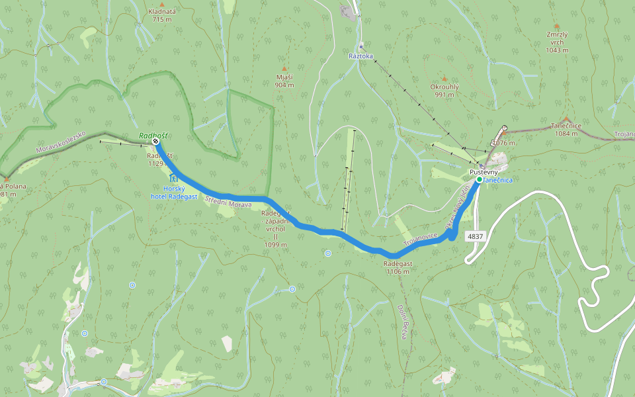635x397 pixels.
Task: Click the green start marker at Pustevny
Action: click(479, 179)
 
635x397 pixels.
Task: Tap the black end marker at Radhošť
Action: click(155, 141)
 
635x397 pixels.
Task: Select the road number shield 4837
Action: click(474, 236)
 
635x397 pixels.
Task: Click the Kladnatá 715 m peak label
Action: click(161, 15)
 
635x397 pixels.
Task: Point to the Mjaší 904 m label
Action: click(284, 81)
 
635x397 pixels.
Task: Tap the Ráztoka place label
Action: click(361, 56)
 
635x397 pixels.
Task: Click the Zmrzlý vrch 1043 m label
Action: click(557, 41)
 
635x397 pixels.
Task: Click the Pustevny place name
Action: click(484, 172)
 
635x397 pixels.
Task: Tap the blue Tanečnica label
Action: click(497, 180)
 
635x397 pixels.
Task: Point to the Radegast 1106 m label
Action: click(398, 267)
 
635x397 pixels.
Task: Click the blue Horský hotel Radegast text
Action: click(173, 192)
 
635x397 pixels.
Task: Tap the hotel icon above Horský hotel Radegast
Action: click(173, 178)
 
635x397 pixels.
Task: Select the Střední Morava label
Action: click(228, 202)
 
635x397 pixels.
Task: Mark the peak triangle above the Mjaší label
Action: click(284, 69)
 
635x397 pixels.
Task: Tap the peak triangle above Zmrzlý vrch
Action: click(557, 26)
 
